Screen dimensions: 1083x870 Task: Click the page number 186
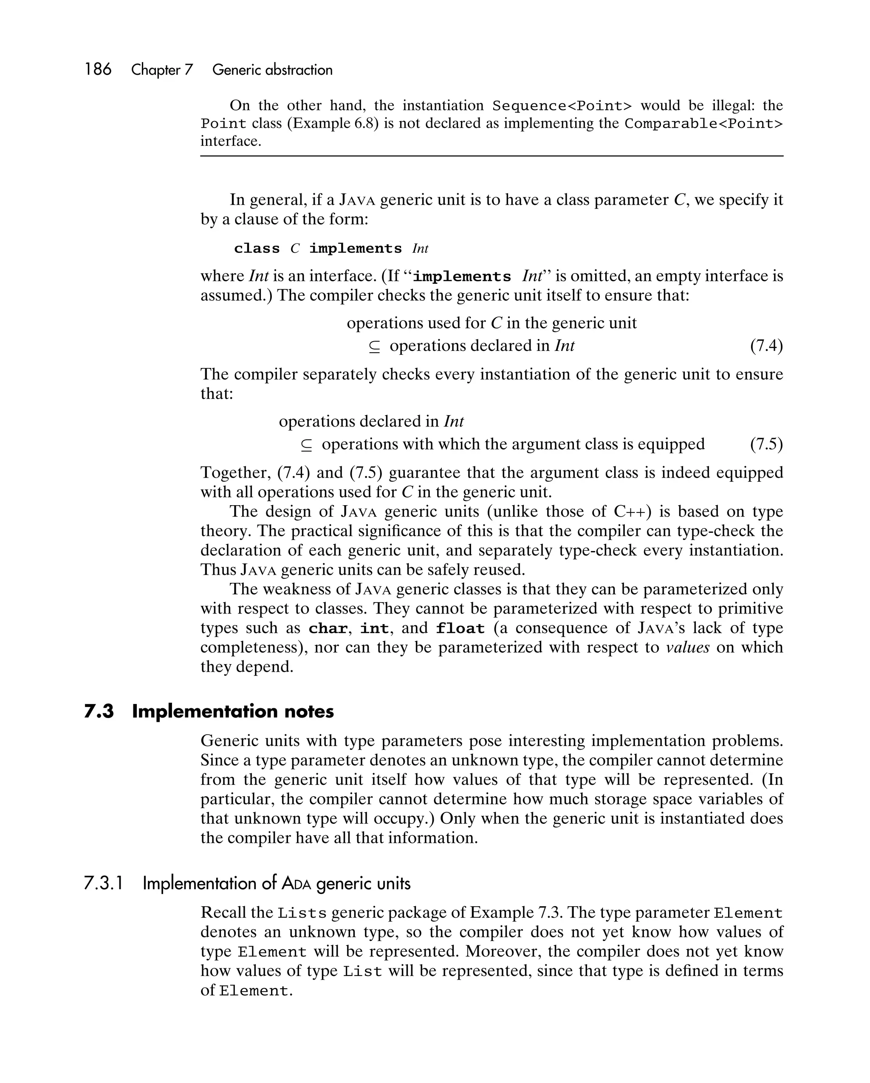click(98, 69)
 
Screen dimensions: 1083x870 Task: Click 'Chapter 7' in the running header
click(162, 70)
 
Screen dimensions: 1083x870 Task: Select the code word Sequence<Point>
click(562, 106)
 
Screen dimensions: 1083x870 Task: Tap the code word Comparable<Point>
click(703, 124)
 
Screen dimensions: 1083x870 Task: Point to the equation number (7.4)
click(766, 346)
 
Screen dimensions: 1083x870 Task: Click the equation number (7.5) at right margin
click(766, 444)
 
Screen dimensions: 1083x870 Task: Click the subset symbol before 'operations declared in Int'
click(374, 347)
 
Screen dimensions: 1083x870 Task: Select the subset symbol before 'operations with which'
click(306, 445)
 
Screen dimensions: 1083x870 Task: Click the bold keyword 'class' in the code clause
click(257, 249)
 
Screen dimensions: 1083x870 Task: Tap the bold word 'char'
click(328, 629)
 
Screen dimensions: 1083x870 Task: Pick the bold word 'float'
click(460, 629)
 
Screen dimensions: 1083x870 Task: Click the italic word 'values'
click(687, 648)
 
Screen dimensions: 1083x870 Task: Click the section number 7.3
click(99, 712)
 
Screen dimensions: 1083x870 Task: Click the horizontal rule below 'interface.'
click(491, 156)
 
